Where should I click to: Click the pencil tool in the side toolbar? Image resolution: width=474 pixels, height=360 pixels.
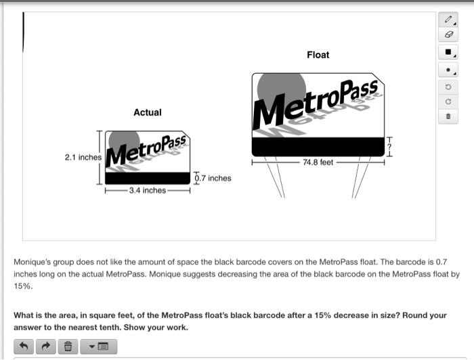[x=448, y=20]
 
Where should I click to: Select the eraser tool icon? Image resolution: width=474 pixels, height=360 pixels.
[x=448, y=35]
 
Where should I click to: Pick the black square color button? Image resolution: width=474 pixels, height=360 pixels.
[x=448, y=52]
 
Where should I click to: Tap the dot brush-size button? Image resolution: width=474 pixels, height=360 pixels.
[x=448, y=70]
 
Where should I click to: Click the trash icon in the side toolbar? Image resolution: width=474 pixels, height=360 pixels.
[x=448, y=117]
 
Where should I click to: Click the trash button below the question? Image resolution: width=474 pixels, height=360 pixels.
[x=68, y=346]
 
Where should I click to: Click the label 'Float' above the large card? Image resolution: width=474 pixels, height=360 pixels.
[x=318, y=55]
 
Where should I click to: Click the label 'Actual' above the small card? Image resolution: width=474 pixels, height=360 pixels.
[x=148, y=112]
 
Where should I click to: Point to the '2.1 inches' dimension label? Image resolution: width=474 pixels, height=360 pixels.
[x=83, y=157]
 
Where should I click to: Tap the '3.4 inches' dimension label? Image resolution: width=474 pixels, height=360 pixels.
[x=148, y=190]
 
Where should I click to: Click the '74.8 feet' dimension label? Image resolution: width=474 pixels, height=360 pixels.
[x=318, y=163]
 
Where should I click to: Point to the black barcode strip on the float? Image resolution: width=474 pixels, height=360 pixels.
[x=318, y=147]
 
